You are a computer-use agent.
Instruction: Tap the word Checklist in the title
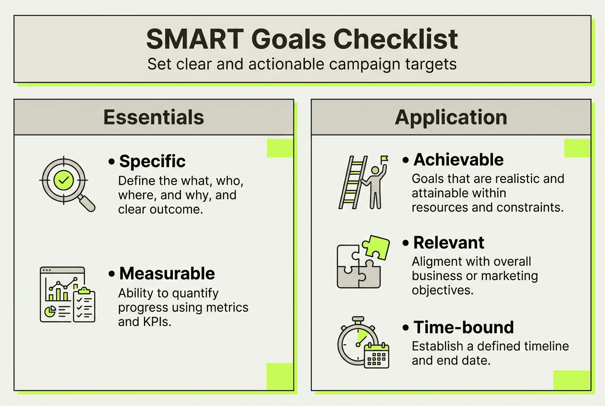tap(396, 39)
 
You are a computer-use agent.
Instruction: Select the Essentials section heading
tap(154, 117)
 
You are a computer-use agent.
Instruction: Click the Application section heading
tap(451, 118)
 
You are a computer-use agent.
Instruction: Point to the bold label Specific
tap(152, 161)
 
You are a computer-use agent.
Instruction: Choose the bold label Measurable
tap(167, 274)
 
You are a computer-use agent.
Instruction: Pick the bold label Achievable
tap(459, 159)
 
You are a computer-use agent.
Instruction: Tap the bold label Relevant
tap(448, 243)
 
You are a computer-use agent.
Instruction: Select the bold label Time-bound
tap(463, 327)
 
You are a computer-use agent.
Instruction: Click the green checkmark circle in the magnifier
tap(64, 180)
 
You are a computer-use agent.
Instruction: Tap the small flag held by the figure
tap(384, 159)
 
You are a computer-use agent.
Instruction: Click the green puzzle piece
tap(376, 247)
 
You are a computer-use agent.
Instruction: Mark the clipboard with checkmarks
tap(84, 305)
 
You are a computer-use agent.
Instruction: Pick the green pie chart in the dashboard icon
tap(50, 312)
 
